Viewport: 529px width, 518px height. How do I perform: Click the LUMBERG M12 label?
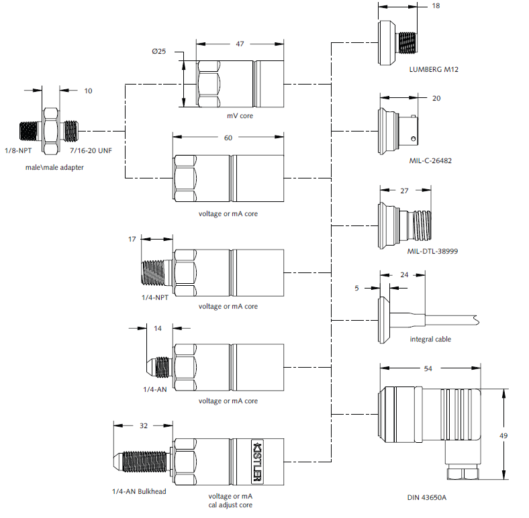pos(433,69)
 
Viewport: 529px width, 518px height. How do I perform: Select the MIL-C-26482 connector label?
pos(432,162)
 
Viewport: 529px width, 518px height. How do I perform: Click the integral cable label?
pos(430,339)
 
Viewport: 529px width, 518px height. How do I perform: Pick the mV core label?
pos(240,115)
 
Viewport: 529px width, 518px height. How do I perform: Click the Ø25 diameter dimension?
pos(158,52)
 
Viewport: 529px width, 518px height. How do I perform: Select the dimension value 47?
pos(240,43)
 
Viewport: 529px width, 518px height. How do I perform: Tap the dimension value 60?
pos(228,138)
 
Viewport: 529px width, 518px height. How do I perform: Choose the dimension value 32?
pos(143,425)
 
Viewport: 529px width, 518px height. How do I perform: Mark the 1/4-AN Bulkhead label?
pos(139,491)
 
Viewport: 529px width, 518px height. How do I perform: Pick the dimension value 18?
pos(436,5)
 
